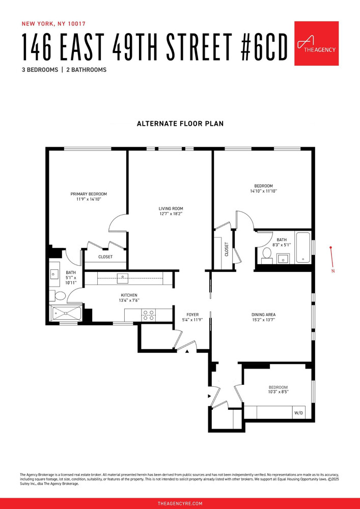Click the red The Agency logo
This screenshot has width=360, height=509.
[x=316, y=43]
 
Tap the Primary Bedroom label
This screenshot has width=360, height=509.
[x=89, y=197]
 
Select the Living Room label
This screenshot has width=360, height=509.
[x=171, y=211]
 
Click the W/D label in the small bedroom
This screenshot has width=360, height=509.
[x=298, y=413]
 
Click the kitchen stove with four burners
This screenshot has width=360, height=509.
[x=148, y=315]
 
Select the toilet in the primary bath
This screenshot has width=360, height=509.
[x=59, y=296]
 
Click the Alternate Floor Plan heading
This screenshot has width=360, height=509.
[x=180, y=124]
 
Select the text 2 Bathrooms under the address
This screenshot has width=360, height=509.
[x=86, y=70]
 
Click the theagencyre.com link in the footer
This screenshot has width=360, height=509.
[x=180, y=503]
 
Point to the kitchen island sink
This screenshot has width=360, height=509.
[x=123, y=278]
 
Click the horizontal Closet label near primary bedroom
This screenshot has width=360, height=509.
[x=105, y=257]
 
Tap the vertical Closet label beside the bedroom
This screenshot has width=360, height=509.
[x=227, y=249]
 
